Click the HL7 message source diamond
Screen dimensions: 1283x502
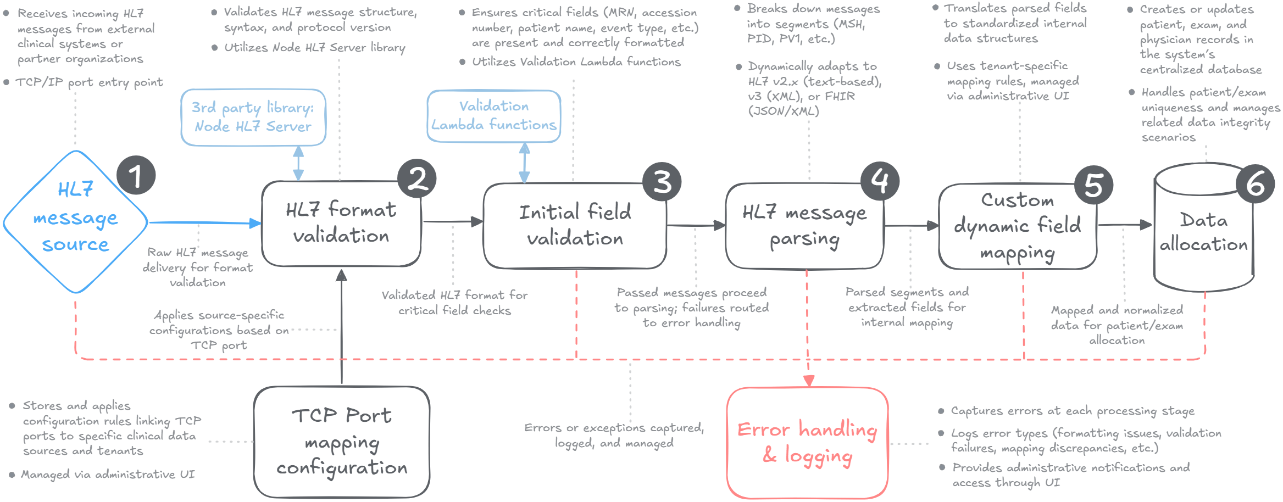click(75, 222)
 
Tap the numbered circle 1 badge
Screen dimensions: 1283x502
click(136, 175)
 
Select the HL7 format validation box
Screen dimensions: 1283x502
click(341, 224)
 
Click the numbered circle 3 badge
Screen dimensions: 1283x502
click(662, 181)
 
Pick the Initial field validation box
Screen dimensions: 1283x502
click(575, 226)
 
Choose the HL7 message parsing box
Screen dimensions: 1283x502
click(804, 226)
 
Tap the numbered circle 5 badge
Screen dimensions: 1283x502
click(1093, 185)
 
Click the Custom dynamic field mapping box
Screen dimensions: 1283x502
click(1018, 226)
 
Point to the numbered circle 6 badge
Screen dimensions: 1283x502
click(1255, 184)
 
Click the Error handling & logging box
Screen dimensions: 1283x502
click(807, 443)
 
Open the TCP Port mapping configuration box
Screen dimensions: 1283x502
click(342, 442)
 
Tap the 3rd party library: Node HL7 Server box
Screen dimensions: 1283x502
click(253, 118)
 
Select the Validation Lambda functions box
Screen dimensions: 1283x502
click(494, 116)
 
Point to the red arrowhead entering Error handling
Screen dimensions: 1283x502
click(809, 381)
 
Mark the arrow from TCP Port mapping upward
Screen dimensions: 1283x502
click(342, 327)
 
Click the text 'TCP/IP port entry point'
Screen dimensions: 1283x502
click(89, 82)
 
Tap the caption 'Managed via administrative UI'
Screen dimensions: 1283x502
click(108, 474)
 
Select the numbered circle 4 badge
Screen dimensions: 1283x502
click(880, 181)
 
